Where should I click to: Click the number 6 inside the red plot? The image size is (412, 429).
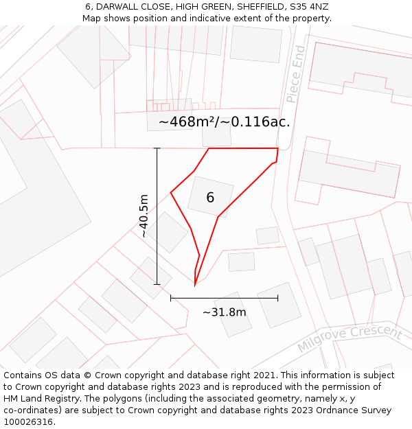pos(210,198)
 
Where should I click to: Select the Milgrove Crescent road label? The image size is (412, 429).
pos(349,338)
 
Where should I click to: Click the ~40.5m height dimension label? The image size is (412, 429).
pos(143,216)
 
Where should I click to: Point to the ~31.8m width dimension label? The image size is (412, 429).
pos(224,312)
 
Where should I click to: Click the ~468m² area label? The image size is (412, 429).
pos(187,122)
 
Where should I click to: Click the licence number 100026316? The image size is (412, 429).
pos(28,422)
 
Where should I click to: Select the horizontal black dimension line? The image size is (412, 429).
pos(224,298)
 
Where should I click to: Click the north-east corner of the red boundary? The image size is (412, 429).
pos(277,148)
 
